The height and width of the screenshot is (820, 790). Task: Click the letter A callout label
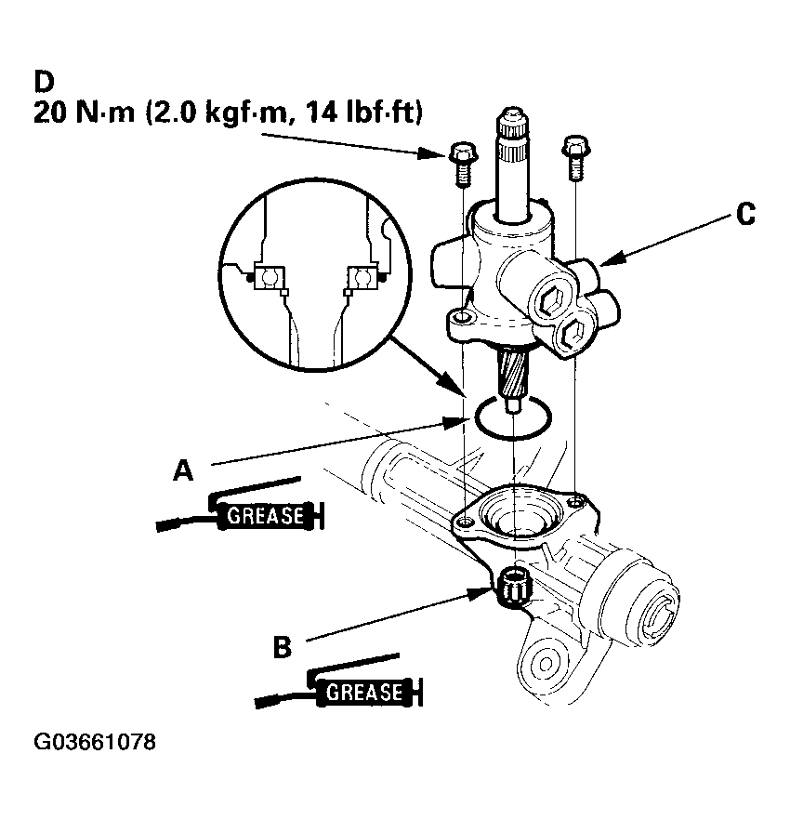click(x=183, y=471)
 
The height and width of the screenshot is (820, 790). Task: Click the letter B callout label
click(x=283, y=646)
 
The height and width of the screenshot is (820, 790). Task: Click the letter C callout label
click(x=744, y=214)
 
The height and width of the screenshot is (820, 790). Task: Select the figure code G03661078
click(x=95, y=744)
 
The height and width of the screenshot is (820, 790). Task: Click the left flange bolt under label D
click(x=461, y=164)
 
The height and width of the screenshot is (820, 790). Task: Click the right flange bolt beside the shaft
click(x=573, y=155)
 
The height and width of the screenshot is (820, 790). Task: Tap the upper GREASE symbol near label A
click(x=265, y=514)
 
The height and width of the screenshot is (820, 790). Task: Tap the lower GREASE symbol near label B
click(x=365, y=692)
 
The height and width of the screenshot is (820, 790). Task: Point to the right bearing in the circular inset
click(x=362, y=276)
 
